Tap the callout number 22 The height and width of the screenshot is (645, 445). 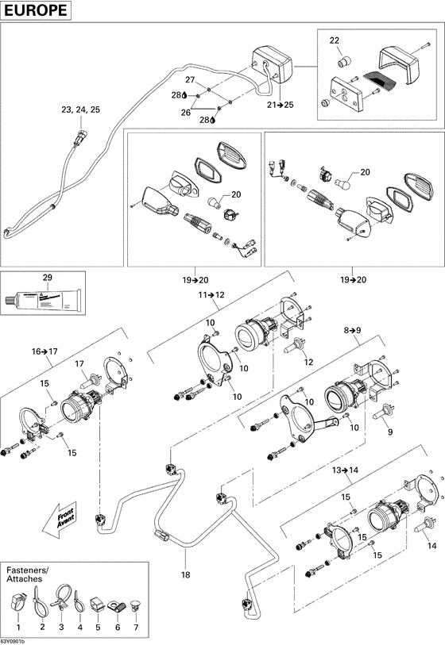(335, 40)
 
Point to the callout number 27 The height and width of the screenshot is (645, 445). (190, 81)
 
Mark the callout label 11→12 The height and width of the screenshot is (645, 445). (212, 294)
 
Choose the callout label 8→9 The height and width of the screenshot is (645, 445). (352, 328)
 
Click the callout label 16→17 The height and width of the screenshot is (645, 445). (45, 350)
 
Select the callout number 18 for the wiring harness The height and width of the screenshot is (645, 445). (186, 574)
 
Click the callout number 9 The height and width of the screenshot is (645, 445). (389, 432)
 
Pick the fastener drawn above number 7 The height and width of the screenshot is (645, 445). (133, 609)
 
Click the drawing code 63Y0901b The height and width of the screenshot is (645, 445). (14, 640)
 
